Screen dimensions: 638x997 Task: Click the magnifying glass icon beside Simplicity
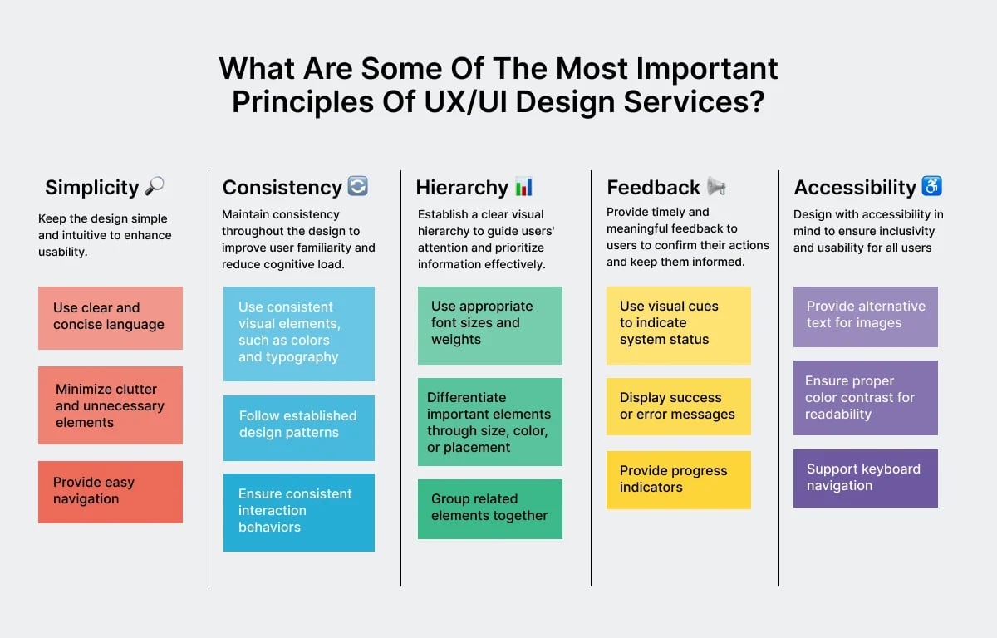click(x=155, y=187)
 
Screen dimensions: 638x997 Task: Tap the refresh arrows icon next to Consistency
click(x=357, y=187)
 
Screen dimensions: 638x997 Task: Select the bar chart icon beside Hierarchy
click(x=523, y=187)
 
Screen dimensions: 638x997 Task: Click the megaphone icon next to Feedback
click(x=716, y=187)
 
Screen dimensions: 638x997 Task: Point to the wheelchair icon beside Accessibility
click(x=932, y=187)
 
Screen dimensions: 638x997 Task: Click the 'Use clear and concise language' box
click(x=111, y=317)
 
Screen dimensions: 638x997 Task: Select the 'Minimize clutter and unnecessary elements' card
click(x=111, y=405)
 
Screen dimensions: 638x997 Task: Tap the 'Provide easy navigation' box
click(x=111, y=492)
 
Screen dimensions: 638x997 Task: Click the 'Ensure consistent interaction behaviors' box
click(x=299, y=512)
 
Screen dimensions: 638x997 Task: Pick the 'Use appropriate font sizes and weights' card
click(x=489, y=325)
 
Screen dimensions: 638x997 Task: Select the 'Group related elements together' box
click(x=489, y=508)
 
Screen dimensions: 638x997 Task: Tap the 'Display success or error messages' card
click(x=678, y=406)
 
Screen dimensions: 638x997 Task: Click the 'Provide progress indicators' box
click(x=678, y=479)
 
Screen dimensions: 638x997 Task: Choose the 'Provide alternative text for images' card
click(x=865, y=317)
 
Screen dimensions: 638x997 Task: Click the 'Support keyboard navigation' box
click(x=865, y=478)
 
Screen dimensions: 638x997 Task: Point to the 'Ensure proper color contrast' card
click(x=865, y=397)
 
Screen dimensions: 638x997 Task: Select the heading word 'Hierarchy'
click(x=462, y=188)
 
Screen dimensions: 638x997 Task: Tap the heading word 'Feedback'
click(x=654, y=188)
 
